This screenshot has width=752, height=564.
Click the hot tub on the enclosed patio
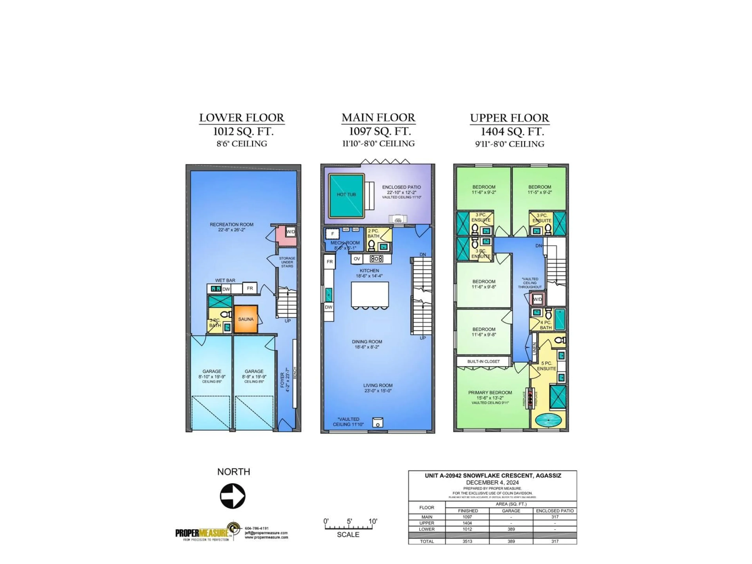tap(346, 196)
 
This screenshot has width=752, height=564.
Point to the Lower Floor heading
tap(241, 118)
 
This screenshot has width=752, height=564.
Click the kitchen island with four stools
tap(370, 294)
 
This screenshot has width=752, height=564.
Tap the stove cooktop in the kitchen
tap(376, 259)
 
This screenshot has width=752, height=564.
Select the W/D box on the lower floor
tap(291, 232)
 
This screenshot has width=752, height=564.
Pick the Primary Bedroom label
tap(490, 392)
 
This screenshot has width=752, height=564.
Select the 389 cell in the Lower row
tap(511, 529)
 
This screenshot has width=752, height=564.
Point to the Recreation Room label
tap(231, 224)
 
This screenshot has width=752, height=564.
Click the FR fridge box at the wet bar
tap(250, 288)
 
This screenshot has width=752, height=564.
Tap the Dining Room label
tap(367, 342)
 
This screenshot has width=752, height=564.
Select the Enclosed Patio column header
tap(554, 511)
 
